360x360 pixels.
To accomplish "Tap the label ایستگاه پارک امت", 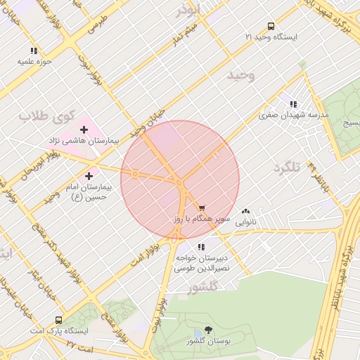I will pyautogui.click(x=59, y=330).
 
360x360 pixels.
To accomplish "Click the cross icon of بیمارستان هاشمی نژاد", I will pyautogui.click(x=84, y=129).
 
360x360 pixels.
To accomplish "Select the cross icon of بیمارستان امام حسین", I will pyautogui.click(x=89, y=176).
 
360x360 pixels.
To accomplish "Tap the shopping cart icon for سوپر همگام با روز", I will pyautogui.click(x=202, y=208).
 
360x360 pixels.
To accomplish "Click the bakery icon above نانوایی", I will pyautogui.click(x=245, y=211).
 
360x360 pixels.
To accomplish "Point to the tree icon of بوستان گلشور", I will pyautogui.click(x=208, y=329).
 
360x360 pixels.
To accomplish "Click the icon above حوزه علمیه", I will pyautogui.click(x=33, y=51).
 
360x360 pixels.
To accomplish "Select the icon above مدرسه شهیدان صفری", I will pyautogui.click(x=293, y=105).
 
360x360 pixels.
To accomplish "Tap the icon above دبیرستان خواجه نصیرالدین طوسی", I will pyautogui.click(x=202, y=247).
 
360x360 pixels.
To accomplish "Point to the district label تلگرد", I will pyautogui.click(x=287, y=168).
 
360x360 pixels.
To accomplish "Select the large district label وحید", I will pyautogui.click(x=241, y=74).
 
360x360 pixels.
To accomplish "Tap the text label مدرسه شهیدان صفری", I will pyautogui.click(x=293, y=115).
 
